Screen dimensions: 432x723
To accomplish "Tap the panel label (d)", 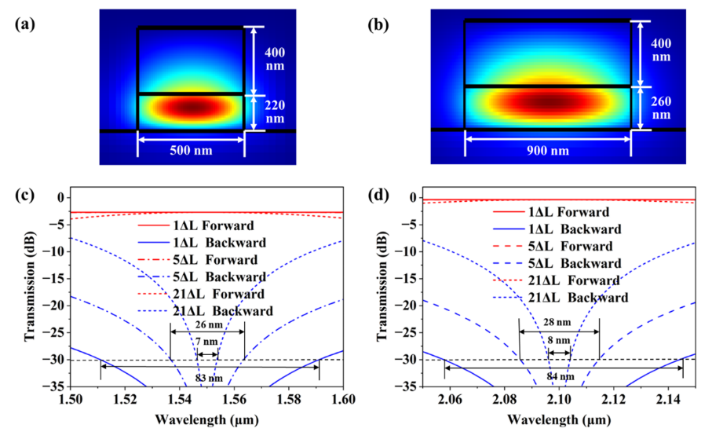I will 378,194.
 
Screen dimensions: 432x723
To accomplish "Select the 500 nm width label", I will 191,151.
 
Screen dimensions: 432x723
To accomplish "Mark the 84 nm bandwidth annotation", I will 559,377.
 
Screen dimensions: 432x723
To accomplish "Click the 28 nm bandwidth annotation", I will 559,323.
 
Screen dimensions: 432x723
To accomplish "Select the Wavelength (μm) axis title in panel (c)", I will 207,418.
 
